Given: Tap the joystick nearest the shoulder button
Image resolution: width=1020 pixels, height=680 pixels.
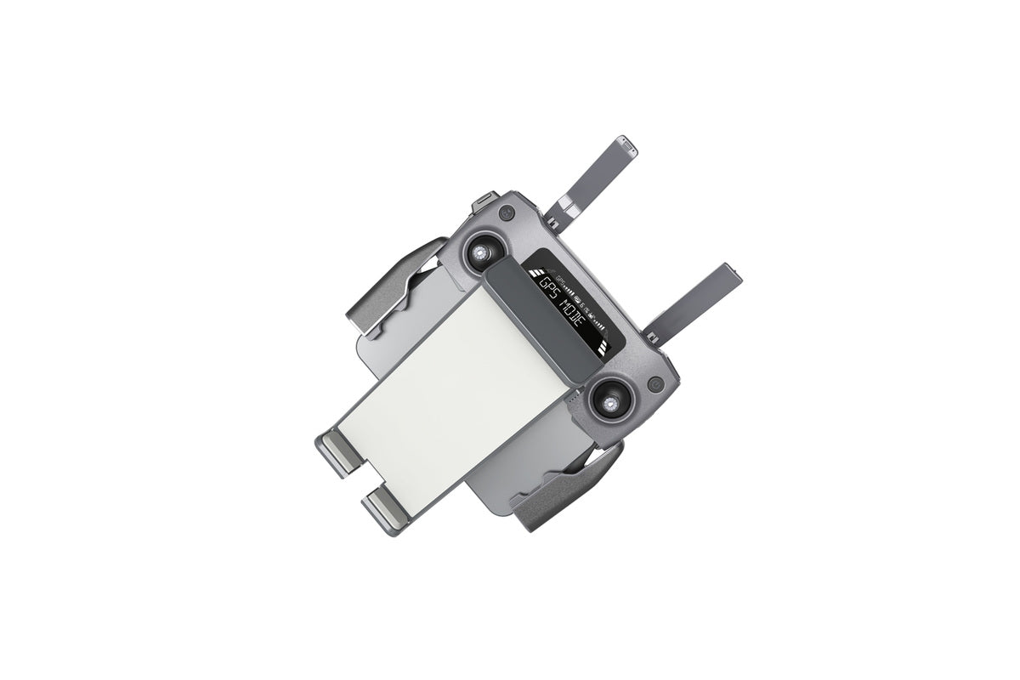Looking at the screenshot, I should [x=481, y=252].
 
